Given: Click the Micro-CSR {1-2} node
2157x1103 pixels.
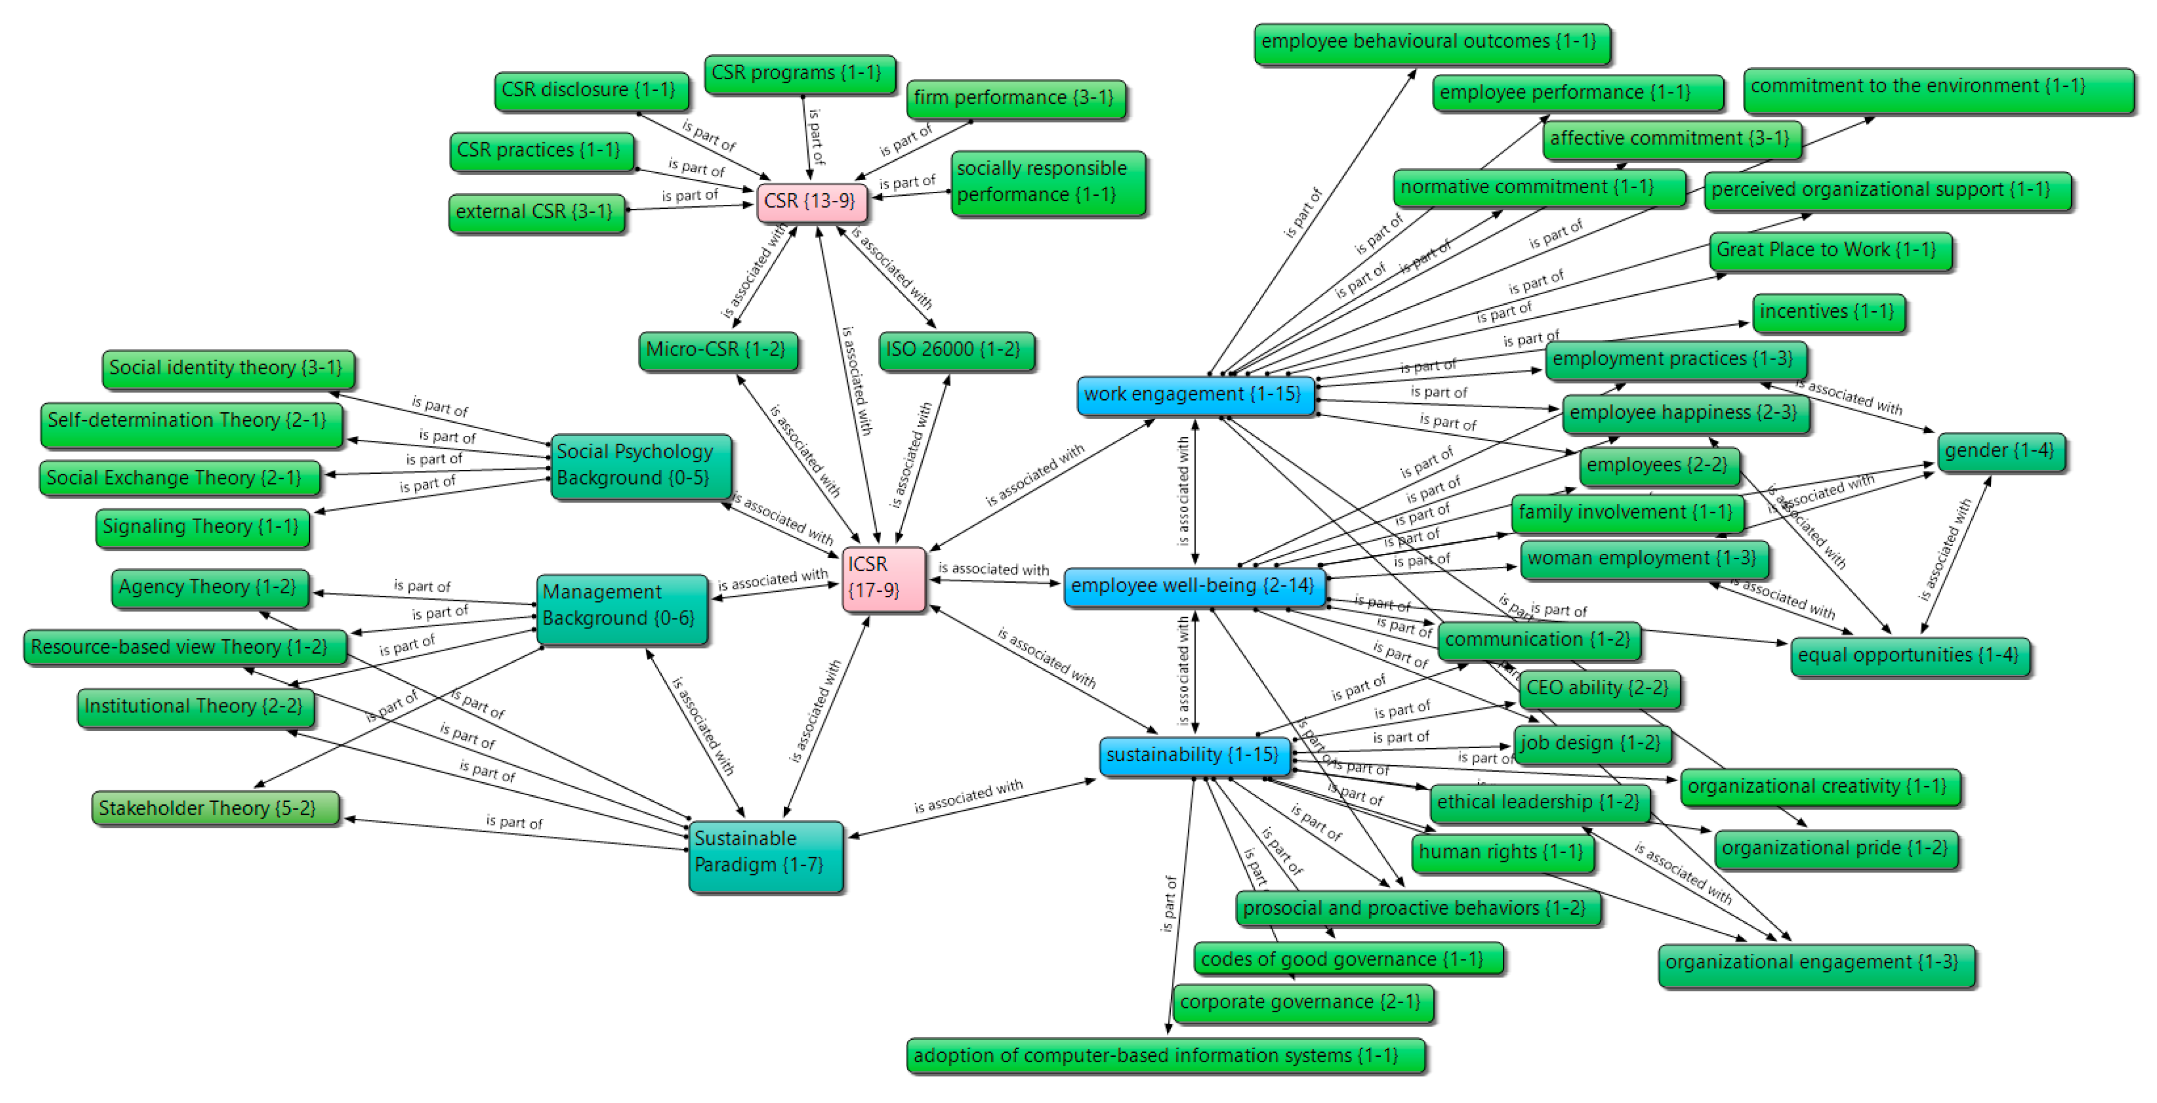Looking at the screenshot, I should (717, 350).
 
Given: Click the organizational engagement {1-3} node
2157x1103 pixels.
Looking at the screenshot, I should (1814, 963).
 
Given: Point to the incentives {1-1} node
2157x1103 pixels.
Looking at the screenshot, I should (1828, 312).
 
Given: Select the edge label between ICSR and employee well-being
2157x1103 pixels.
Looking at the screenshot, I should (993, 569).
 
